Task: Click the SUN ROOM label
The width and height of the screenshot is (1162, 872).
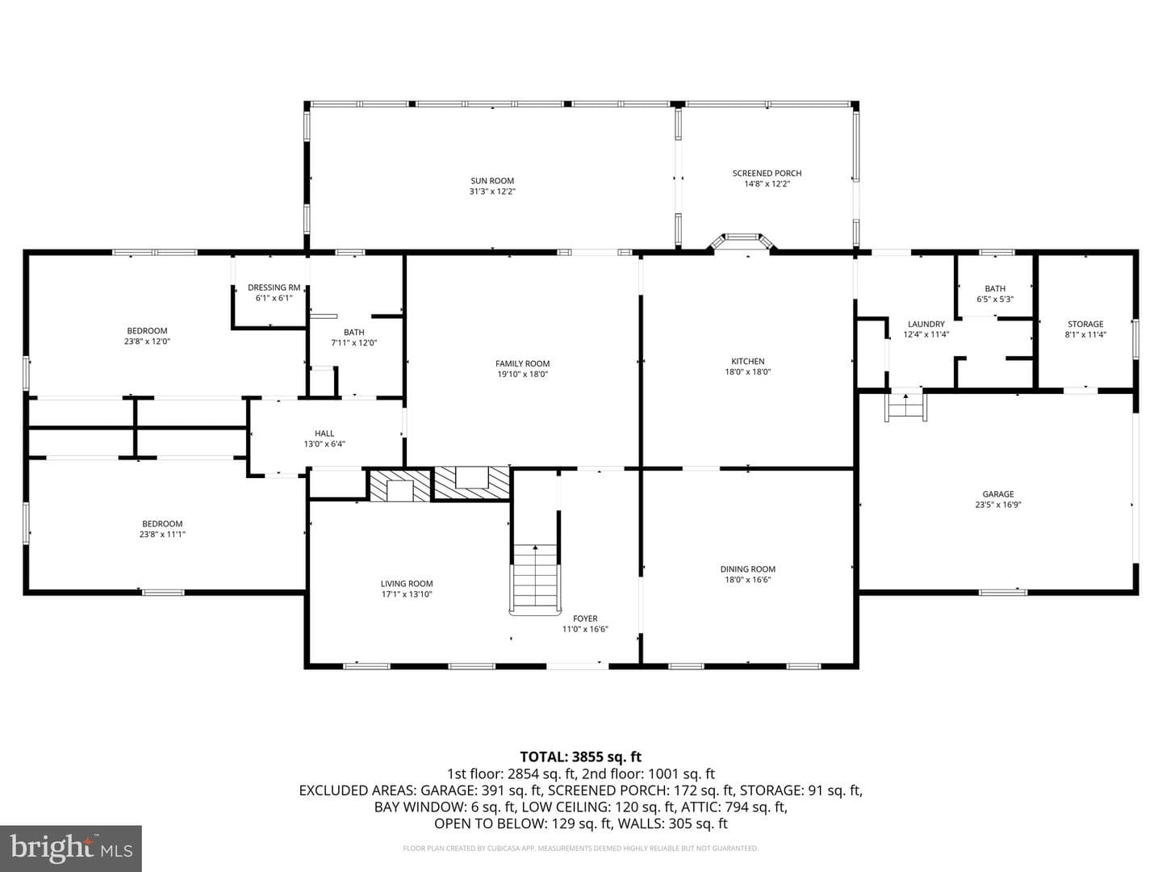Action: pos(492,181)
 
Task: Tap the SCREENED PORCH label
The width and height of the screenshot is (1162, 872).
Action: pos(767,173)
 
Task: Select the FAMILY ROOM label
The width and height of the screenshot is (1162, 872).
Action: pos(523,363)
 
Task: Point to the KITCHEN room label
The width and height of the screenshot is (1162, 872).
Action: pos(747,362)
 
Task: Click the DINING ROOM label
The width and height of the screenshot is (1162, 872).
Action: pos(747,569)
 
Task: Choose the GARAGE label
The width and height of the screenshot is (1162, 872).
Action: pos(998,494)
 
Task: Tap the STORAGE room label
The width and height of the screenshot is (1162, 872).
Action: pos(1085,324)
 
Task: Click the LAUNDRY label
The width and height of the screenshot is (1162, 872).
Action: pos(926,324)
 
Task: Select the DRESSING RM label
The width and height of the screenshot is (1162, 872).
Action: pos(274,287)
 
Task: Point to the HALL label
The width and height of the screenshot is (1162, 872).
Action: pos(324,434)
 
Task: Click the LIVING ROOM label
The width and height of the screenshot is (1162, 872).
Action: pos(407,584)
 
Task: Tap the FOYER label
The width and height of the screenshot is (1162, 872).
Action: pos(585,618)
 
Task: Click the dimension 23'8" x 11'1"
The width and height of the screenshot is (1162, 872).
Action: pos(162,535)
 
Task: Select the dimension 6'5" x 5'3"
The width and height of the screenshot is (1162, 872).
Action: pos(995,299)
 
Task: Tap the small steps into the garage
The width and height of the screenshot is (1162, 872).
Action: pos(905,407)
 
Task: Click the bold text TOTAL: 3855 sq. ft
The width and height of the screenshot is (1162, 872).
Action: pos(581,757)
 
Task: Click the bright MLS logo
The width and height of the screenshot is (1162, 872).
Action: pos(71,849)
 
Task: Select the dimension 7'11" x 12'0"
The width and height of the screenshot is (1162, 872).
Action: pos(353,342)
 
